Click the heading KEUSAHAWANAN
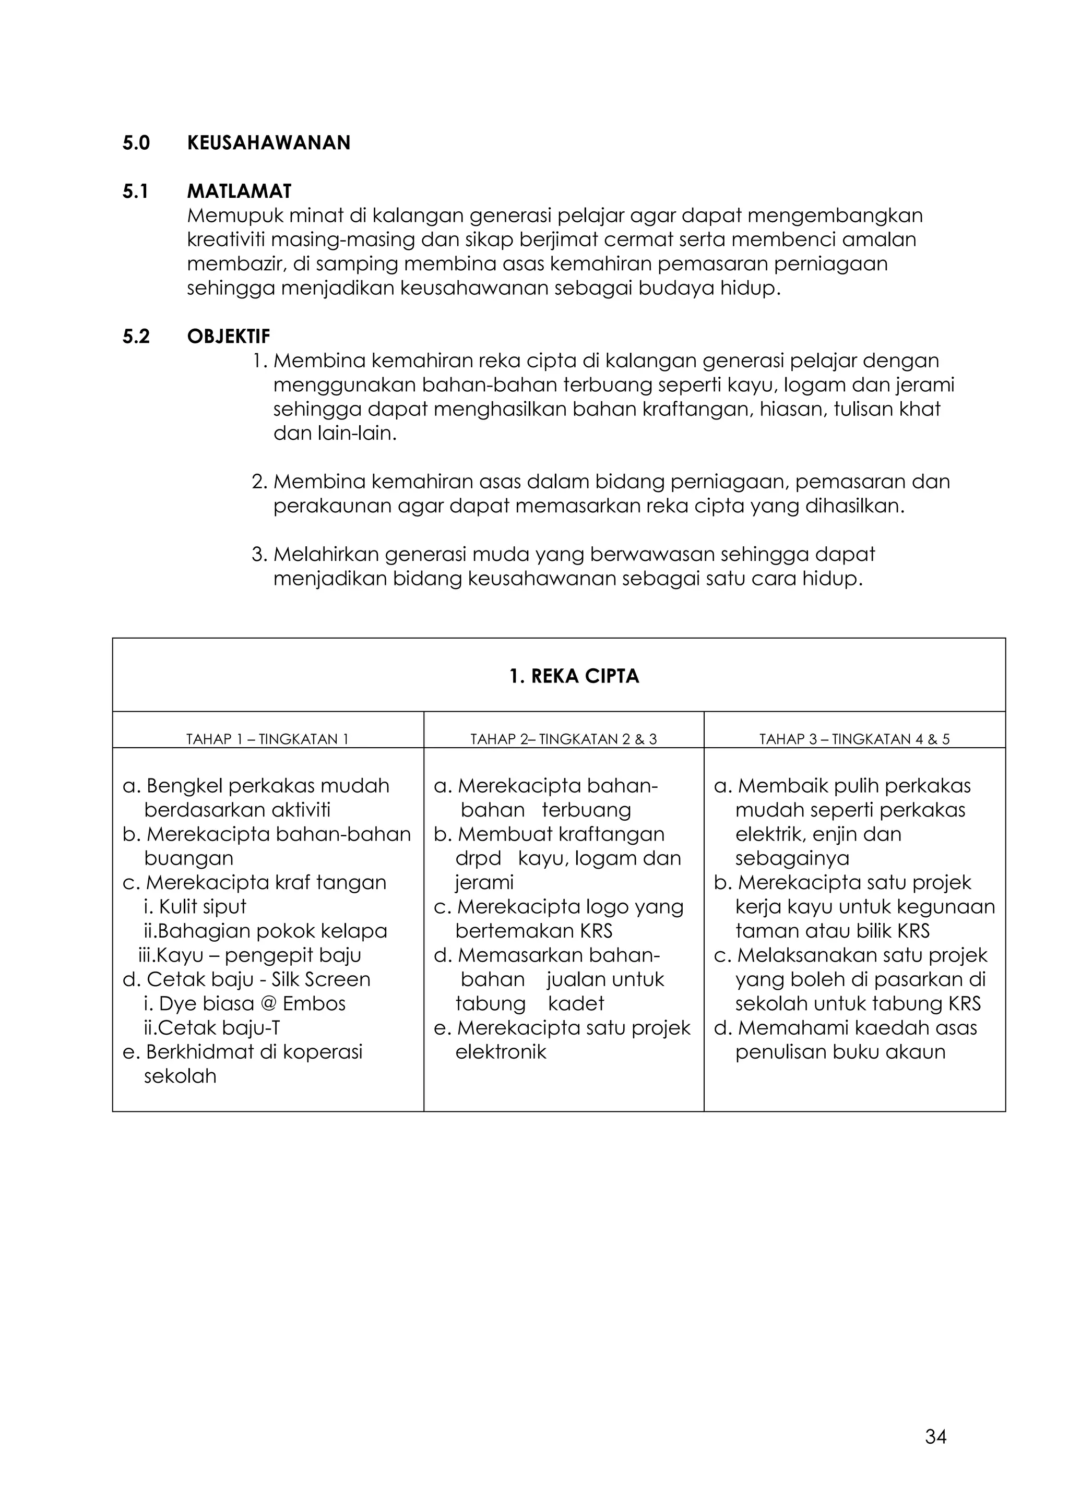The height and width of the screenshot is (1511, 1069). [x=269, y=143]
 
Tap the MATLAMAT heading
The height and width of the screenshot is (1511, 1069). [x=239, y=191]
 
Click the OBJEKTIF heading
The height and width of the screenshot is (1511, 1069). [x=229, y=337]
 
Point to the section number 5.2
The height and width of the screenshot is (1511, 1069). [x=136, y=337]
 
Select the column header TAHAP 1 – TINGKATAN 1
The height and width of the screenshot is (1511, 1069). [x=267, y=739]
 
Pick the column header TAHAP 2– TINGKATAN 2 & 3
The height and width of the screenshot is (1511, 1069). [x=563, y=739]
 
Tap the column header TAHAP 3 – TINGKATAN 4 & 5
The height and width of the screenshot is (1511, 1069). [x=854, y=739]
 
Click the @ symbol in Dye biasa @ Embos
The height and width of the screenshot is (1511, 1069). [x=269, y=1004]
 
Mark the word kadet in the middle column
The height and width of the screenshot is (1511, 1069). [x=576, y=1004]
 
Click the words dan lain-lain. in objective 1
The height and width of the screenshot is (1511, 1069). [x=335, y=434]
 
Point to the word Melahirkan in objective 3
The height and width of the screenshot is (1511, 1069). [x=325, y=554]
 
